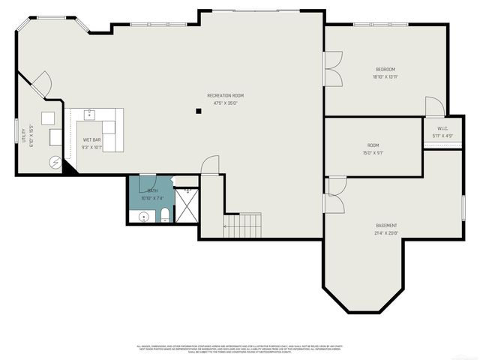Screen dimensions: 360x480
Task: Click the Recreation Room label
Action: (x=226, y=95)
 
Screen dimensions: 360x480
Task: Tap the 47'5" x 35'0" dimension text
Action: (x=226, y=103)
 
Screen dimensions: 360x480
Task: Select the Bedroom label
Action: (x=385, y=70)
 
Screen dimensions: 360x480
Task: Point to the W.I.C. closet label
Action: (x=442, y=128)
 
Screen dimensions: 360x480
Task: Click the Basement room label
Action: (x=386, y=226)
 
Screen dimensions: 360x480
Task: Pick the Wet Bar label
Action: (x=91, y=140)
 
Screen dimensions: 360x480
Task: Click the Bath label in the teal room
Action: (x=152, y=190)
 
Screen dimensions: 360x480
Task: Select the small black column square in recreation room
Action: (x=199, y=112)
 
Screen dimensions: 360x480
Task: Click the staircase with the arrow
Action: (x=243, y=223)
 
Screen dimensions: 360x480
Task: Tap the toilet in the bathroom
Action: (x=165, y=217)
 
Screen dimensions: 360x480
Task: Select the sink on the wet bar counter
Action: (x=90, y=115)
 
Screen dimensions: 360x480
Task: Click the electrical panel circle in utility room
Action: (x=55, y=161)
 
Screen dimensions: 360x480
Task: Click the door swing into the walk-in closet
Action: (x=433, y=107)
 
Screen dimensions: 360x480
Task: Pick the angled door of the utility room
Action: (x=40, y=83)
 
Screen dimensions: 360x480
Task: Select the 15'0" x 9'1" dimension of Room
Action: (x=373, y=153)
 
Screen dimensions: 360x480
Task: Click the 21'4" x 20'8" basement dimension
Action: (x=386, y=233)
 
